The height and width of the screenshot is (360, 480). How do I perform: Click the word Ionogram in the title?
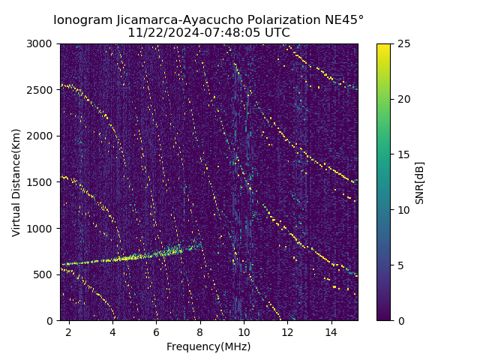pos(83,19)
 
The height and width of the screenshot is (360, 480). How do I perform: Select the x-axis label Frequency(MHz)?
pos(208,346)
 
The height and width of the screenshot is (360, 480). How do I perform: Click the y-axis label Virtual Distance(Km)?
pos(16,182)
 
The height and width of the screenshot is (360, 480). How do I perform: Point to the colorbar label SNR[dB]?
pos(420,182)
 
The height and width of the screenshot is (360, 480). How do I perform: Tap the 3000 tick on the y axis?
pos(43,43)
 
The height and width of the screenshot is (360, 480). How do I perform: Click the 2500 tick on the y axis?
pos(43,90)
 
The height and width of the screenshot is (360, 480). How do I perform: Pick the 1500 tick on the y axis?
pos(43,182)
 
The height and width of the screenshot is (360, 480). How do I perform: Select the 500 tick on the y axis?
pos(46,274)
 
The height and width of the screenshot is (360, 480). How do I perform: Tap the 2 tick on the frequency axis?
pos(69,331)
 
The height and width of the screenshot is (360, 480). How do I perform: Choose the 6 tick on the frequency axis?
pos(156,331)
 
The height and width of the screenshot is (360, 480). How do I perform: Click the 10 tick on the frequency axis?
pos(243,331)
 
